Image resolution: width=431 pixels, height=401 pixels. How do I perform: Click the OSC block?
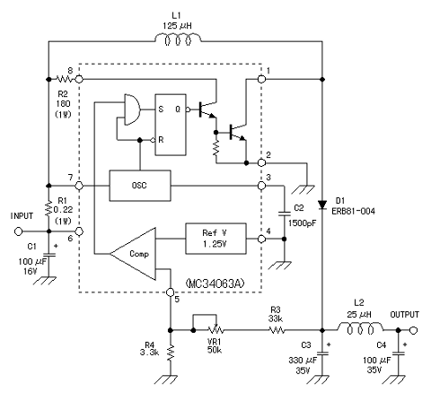tap(140, 186)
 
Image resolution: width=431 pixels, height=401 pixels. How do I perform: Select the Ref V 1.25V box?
tap(215, 239)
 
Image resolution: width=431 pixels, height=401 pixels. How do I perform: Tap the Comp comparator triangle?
tap(134, 254)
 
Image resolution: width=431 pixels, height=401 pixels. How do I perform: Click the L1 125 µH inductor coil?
tap(178, 39)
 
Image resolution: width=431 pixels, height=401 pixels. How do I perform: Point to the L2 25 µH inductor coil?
tap(361, 327)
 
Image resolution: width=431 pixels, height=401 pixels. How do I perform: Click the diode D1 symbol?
tap(322, 205)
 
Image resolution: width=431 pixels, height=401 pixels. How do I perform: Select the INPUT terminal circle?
tap(19, 231)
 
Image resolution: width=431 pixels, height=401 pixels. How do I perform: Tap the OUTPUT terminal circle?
tap(414, 330)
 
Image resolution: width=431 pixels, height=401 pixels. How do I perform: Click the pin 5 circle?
tap(170, 292)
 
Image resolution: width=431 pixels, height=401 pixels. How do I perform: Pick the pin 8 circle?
tap(79, 79)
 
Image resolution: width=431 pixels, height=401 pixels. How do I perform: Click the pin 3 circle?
tap(261, 186)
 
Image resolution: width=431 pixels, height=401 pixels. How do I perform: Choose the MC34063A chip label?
tap(215, 283)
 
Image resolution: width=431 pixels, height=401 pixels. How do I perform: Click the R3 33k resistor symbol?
tap(277, 330)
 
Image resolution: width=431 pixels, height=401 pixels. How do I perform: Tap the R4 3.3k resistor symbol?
tap(171, 353)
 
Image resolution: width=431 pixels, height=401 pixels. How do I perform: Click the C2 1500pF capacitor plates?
tap(285, 214)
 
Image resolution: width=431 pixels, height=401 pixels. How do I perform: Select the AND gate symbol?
tap(132, 109)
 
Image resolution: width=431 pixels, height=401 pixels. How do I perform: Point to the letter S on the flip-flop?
tap(161, 109)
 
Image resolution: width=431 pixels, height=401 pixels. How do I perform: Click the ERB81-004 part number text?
tap(353, 212)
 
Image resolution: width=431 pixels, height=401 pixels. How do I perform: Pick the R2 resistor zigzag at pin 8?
tap(65, 79)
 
